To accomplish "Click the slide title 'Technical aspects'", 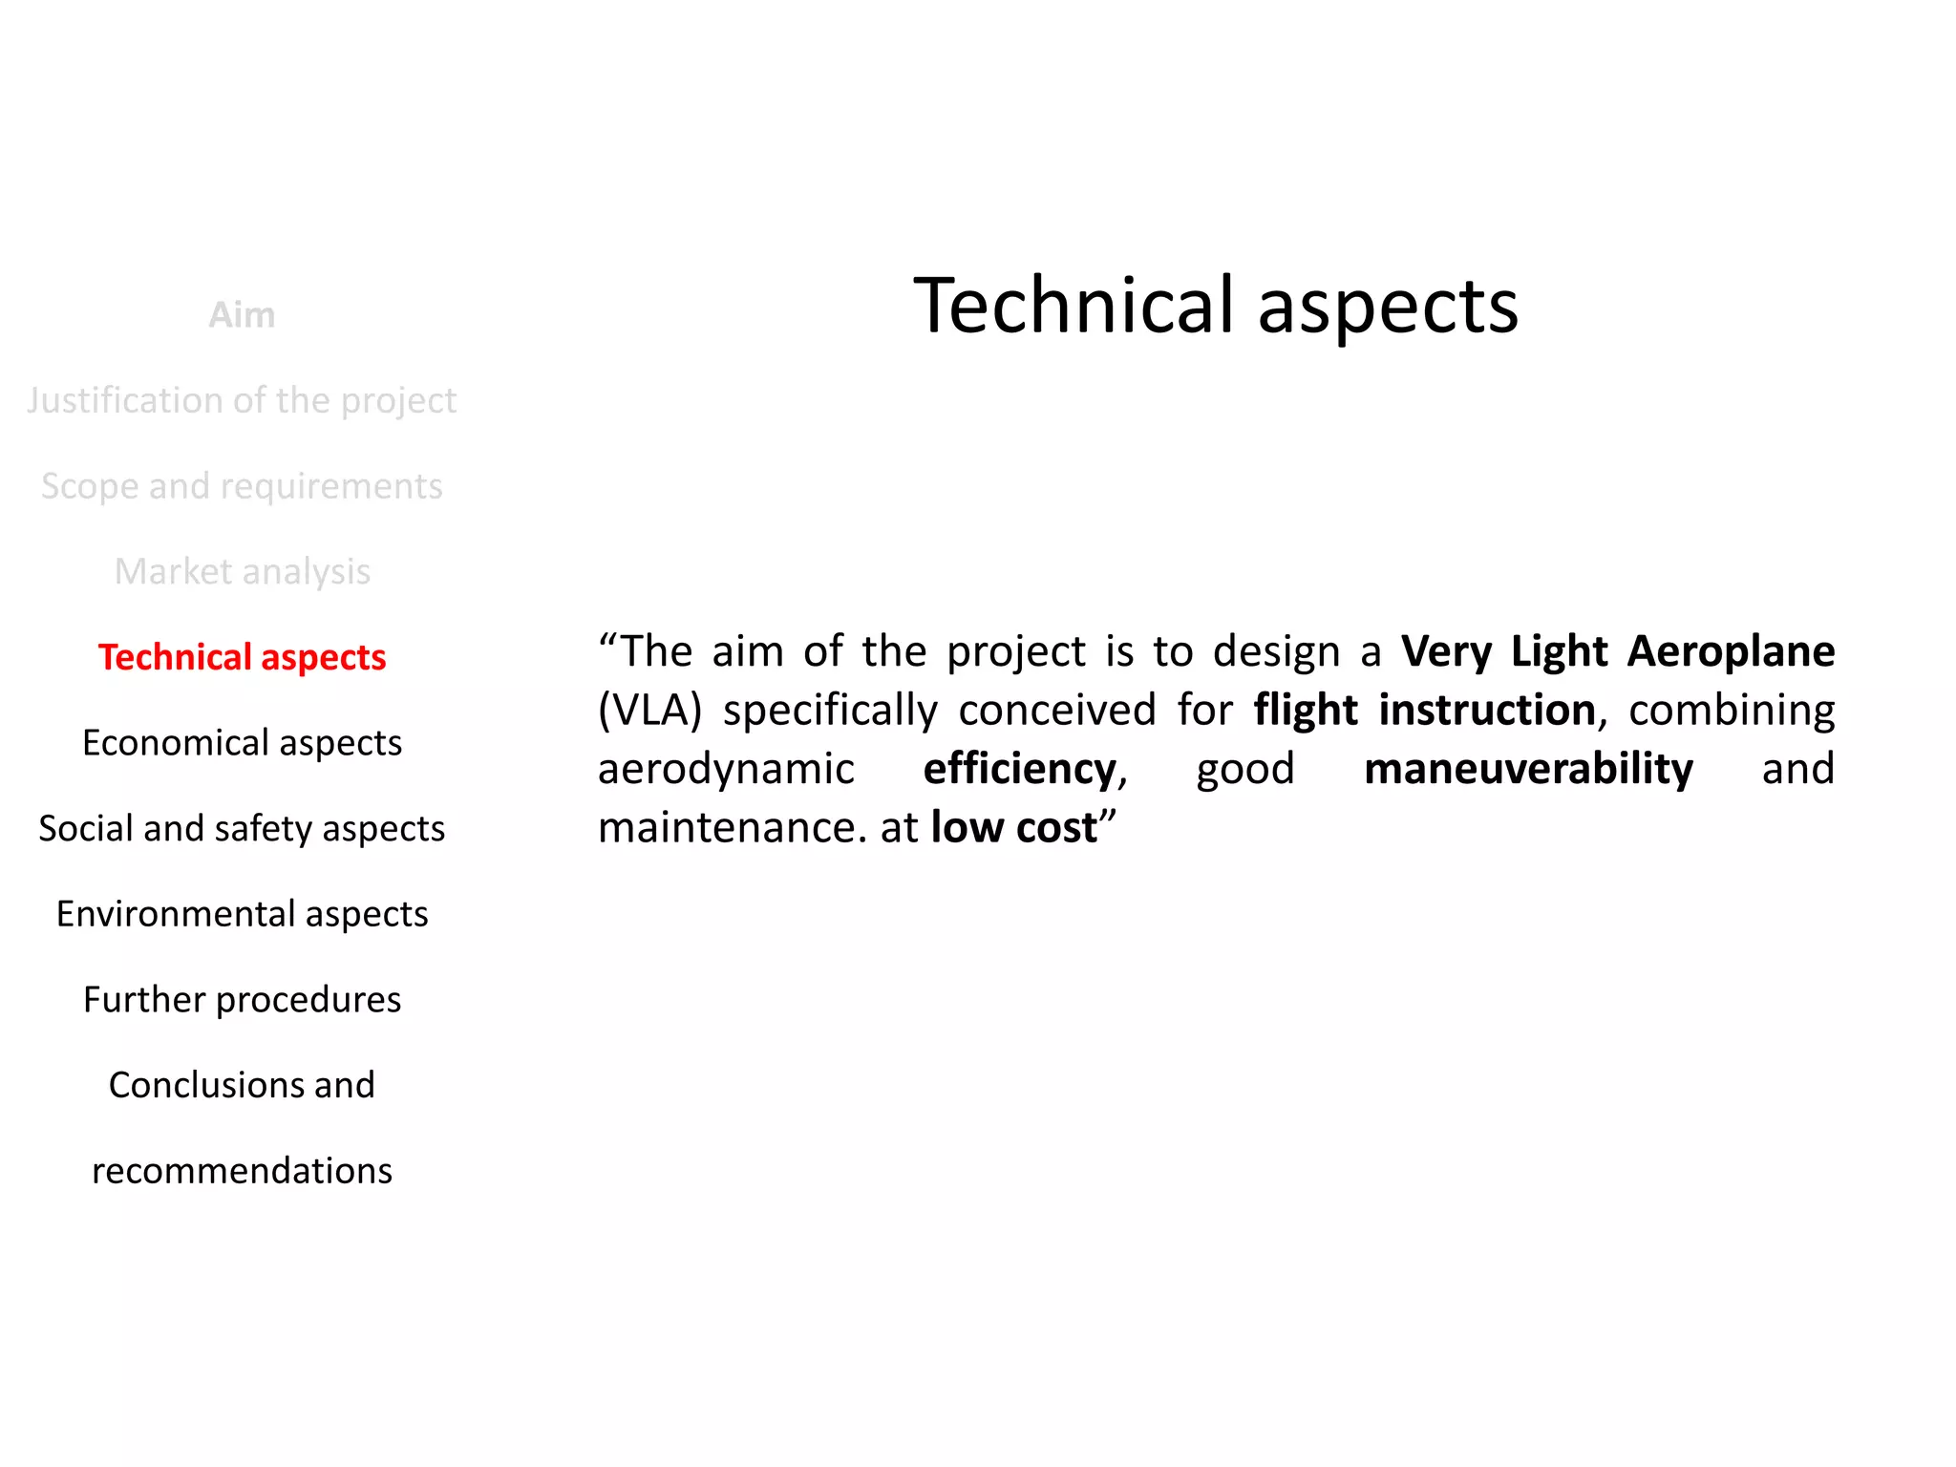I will coord(1215,306).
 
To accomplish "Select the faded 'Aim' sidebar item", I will coord(242,315).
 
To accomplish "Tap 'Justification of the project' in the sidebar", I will coord(242,400).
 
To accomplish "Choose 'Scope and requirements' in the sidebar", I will coord(242,486).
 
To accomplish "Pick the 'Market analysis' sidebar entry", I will coord(242,571).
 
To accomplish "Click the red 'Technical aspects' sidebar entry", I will coord(242,657).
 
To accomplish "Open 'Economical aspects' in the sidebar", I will coord(242,743).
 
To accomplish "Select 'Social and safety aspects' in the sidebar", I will coord(242,828).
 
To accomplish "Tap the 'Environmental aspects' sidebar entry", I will coord(242,914).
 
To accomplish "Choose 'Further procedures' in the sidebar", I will coord(242,999).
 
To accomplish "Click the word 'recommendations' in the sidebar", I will coord(242,1170).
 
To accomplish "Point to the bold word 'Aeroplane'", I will coord(1731,651).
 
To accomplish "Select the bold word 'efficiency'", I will coord(1019,769).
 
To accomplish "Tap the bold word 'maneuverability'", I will coord(1528,769).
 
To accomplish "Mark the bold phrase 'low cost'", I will coord(1013,827).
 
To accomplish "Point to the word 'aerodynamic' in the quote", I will coord(726,770).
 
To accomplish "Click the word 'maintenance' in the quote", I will coord(726,827).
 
